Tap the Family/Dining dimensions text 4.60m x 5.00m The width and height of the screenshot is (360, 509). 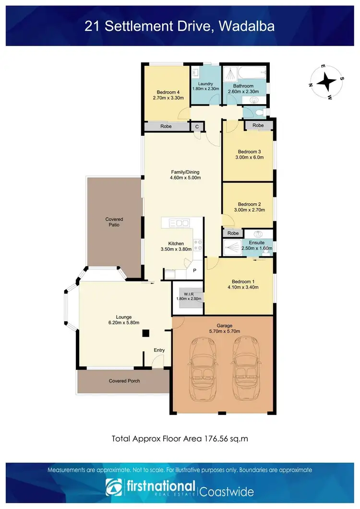point(185,178)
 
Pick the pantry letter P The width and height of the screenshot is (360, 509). point(194,271)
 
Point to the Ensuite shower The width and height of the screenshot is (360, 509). point(232,248)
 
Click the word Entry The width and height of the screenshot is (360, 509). point(159,350)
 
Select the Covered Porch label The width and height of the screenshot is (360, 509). point(124,381)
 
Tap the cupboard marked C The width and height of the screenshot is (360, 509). point(196,127)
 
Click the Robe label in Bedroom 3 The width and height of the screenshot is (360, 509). point(258,126)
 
